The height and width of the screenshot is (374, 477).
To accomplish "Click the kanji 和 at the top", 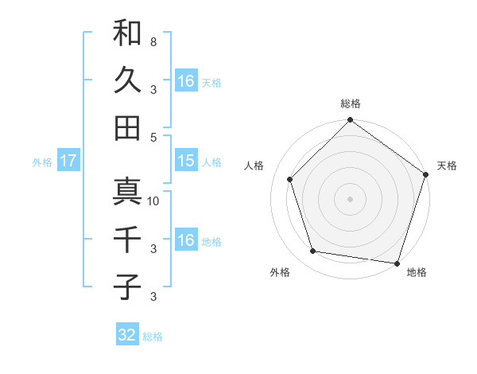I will point(127,33).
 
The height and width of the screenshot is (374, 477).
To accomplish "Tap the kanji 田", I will point(127,127).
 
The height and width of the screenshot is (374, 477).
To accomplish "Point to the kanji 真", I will point(127,191).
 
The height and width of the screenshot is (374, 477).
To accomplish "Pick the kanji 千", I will point(127,239).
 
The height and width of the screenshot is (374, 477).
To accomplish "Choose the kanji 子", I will point(127,286).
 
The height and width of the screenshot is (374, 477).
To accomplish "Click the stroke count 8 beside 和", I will point(153,41).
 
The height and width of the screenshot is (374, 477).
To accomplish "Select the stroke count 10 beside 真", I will point(153,201).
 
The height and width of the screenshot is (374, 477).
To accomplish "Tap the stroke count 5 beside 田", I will point(153,136).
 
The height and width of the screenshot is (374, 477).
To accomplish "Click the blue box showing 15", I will point(185,160).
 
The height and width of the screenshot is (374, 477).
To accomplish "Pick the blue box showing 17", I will point(68,161).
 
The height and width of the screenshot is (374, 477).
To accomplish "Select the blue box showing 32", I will point(126,335).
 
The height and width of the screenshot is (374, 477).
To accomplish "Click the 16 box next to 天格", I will point(185,80).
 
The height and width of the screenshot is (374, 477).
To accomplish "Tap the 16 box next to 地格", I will point(185,240).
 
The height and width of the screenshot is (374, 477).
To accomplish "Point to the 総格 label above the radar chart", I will point(351,103).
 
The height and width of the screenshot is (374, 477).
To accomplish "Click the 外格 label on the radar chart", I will point(280,272).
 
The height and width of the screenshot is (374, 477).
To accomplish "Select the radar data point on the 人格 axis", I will point(290,179).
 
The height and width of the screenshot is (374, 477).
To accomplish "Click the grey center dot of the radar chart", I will point(351,198).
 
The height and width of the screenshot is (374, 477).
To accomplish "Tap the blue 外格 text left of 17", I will point(41,162).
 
